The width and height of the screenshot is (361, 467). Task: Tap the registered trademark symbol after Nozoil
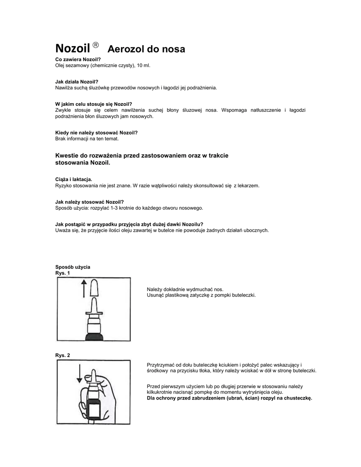[x=95, y=45]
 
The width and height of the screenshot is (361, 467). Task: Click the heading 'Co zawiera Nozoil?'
[x=78, y=60]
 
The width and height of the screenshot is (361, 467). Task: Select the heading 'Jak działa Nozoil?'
[x=77, y=82]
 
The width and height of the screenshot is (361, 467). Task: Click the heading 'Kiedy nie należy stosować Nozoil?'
[x=96, y=133]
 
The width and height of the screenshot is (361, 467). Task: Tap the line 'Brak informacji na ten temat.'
[x=87, y=138]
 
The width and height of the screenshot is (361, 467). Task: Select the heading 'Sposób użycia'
[x=73, y=266]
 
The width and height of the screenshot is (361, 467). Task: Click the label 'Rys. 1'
[x=63, y=273]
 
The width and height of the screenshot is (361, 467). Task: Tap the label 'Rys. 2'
[x=63, y=355]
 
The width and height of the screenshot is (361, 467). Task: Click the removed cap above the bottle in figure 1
[x=95, y=288]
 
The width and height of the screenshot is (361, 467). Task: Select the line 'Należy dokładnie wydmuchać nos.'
[x=185, y=289]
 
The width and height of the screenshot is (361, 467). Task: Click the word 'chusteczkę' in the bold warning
[x=297, y=398]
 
